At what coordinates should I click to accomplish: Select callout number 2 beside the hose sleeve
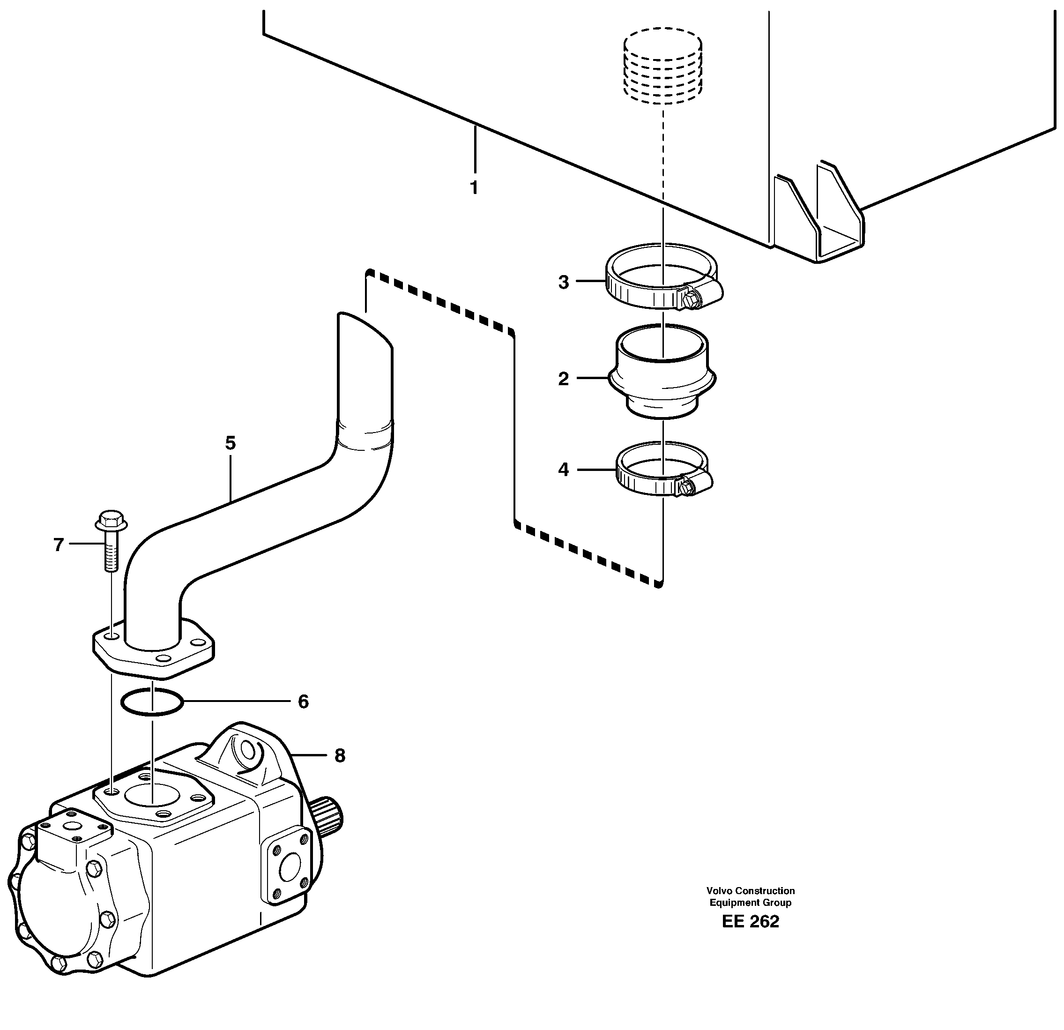564,379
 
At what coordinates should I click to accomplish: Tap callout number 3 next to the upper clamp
564,283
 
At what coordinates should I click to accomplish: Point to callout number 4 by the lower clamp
564,469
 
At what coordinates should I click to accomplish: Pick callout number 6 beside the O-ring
303,702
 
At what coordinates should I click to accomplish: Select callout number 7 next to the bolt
59,544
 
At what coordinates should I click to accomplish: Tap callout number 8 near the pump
339,755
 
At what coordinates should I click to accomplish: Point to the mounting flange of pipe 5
153,651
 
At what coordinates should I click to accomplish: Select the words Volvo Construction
750,890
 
